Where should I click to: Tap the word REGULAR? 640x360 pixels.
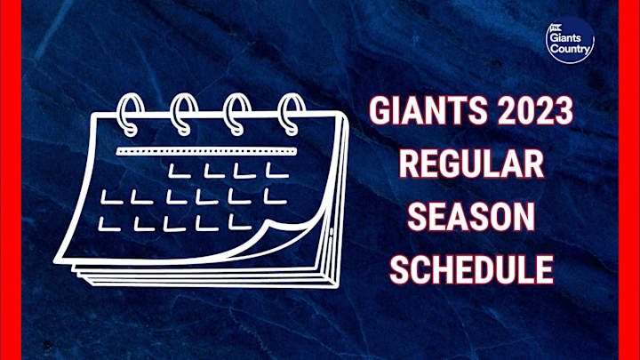tap(471, 165)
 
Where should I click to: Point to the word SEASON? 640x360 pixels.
tap(471, 217)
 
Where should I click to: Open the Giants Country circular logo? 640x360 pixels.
tap(569, 41)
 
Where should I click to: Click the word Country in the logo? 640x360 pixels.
tap(570, 50)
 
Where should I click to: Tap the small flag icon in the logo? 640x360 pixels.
tap(557, 28)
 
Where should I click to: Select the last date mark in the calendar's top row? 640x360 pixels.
tap(269, 170)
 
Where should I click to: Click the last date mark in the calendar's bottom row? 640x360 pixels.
tap(237, 221)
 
